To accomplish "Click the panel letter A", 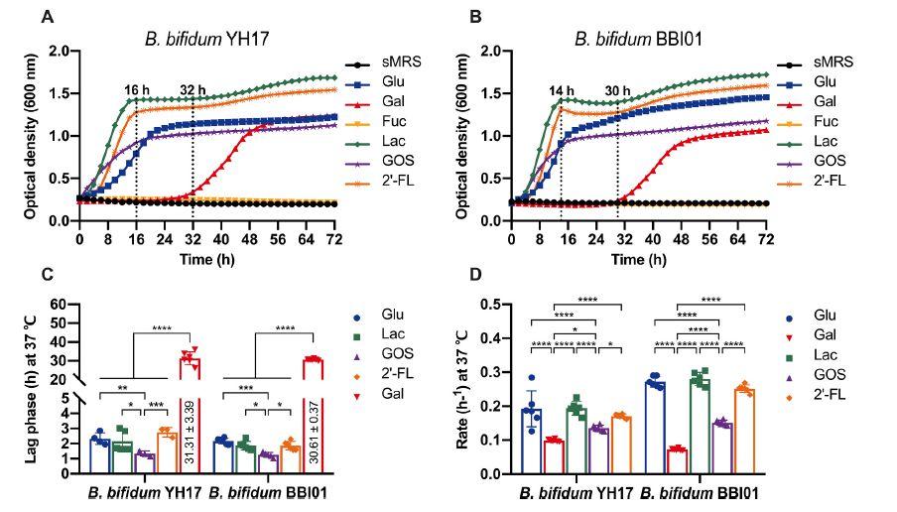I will [47, 17].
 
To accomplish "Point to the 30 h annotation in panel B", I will [618, 91].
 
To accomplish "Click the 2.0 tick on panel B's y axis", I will [489, 51].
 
